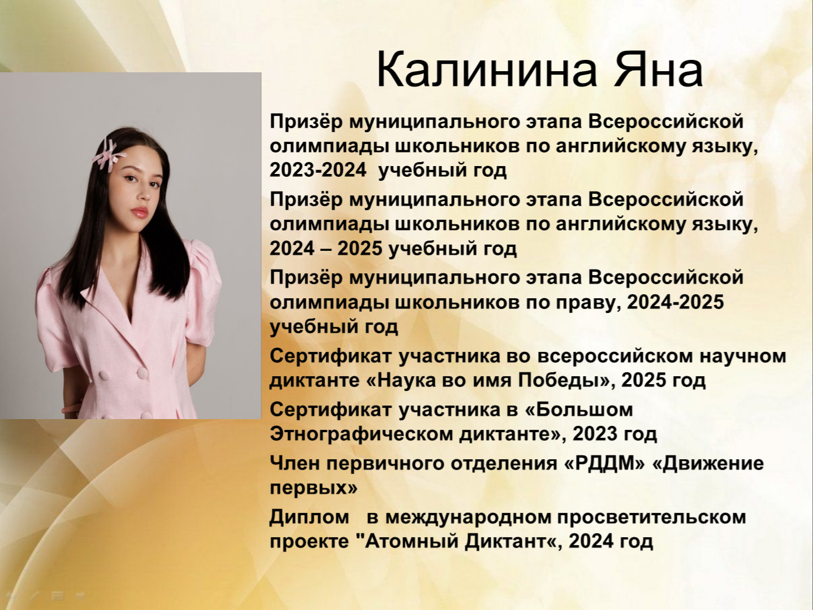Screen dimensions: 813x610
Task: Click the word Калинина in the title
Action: pos(487,70)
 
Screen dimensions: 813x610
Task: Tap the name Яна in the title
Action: pos(659,70)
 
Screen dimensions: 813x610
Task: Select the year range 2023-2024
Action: pos(318,171)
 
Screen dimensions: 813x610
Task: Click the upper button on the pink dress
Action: pos(142,373)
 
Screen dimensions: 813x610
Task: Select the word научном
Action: pos(742,356)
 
